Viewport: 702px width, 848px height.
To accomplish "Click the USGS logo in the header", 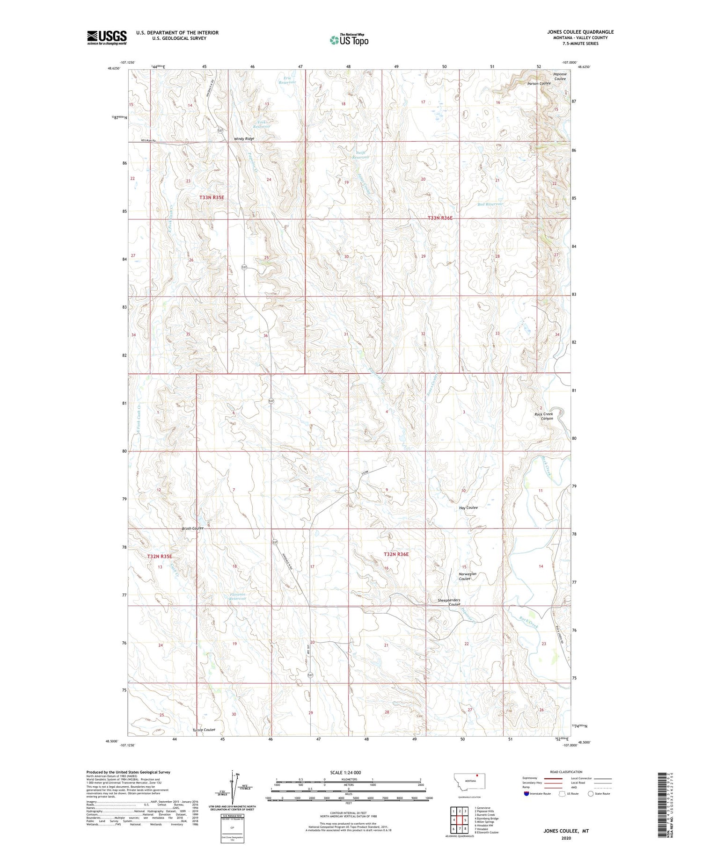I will [107, 37].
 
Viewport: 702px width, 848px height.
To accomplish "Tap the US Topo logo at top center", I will [349, 40].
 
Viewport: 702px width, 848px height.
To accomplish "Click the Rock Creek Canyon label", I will [544, 416].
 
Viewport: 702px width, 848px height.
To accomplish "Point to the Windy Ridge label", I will [244, 139].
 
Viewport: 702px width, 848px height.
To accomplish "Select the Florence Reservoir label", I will [238, 596].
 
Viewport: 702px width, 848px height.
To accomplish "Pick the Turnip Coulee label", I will [204, 730].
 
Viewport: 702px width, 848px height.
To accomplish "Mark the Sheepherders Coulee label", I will [449, 602].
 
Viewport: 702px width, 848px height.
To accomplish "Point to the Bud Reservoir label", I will [490, 204].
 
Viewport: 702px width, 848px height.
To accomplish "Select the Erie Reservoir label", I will [287, 80].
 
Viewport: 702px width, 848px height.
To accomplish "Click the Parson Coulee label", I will [539, 83].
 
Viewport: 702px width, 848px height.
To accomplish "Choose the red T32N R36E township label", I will [396, 554].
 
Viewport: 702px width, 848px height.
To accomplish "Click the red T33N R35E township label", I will [212, 197].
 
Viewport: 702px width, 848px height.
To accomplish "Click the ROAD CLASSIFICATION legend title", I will [566, 772].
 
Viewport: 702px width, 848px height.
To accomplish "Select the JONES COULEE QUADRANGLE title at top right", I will [580, 32].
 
